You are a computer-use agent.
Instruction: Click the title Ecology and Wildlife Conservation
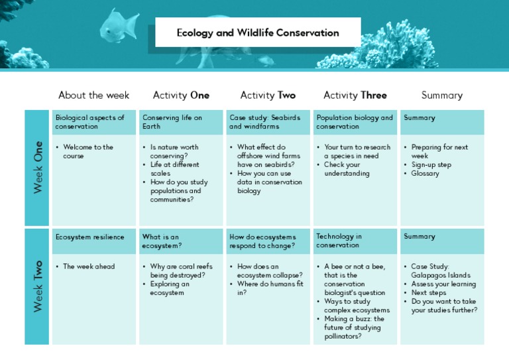(258, 32)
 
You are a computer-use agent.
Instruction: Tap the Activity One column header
(181, 95)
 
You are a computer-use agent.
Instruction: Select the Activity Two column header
(268, 95)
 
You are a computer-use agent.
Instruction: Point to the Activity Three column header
(355, 95)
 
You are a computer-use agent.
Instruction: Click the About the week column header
(93, 95)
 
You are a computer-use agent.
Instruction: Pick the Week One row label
(38, 167)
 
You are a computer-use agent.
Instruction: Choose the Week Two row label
(38, 286)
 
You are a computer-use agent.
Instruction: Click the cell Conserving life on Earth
(172, 122)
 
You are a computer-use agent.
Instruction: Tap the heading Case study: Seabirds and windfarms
(264, 122)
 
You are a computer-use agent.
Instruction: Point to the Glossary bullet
(425, 174)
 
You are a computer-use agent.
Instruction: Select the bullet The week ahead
(89, 267)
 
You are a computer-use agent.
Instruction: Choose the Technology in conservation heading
(339, 241)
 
